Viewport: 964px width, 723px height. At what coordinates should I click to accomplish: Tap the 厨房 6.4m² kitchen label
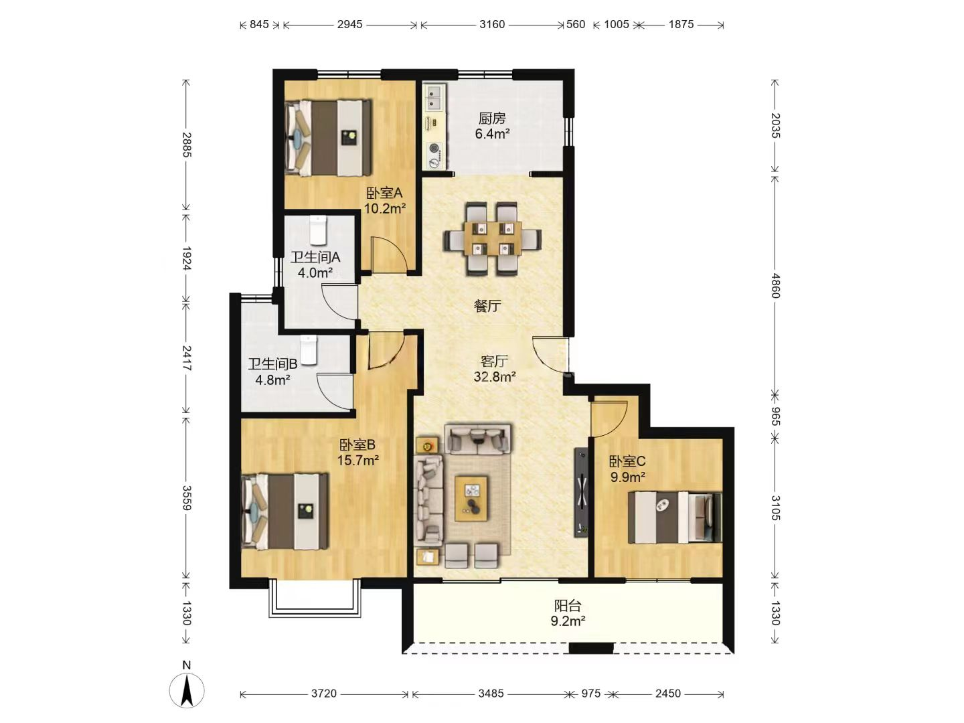coord(492,126)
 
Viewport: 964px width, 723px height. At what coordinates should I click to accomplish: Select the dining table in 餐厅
coord(492,238)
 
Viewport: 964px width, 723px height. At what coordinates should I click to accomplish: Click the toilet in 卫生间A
coord(317,230)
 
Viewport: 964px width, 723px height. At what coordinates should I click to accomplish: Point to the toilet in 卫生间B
coord(309,350)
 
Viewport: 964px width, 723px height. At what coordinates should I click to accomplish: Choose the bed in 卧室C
coord(675,517)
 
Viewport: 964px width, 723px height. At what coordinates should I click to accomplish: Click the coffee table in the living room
coord(471,499)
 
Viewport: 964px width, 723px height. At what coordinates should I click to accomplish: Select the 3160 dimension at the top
coord(492,25)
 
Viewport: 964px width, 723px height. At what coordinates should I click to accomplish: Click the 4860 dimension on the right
coord(775,286)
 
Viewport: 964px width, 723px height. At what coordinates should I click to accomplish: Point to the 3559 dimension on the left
coord(187,498)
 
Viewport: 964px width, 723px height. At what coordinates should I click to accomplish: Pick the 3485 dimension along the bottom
coord(491,693)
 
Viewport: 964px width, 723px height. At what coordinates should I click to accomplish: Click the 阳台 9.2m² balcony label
coord(568,613)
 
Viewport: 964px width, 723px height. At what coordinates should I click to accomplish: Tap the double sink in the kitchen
coord(434,98)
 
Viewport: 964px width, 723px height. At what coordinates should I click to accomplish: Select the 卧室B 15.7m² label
coord(358,453)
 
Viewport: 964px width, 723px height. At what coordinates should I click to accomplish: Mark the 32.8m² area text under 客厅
coord(495,377)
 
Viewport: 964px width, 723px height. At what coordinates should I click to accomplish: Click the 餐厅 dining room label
coord(487,306)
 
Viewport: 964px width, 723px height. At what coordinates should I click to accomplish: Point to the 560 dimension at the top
coord(575,25)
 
